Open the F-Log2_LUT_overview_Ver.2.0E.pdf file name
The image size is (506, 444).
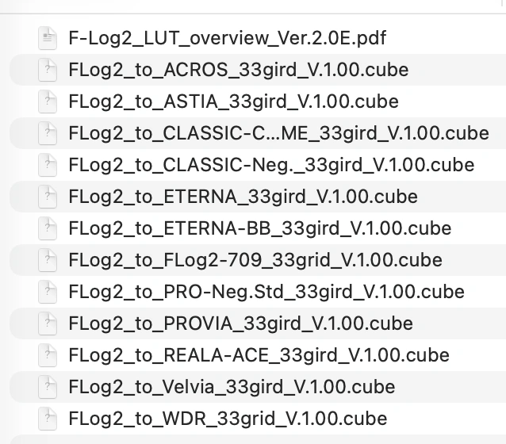pos(228,37)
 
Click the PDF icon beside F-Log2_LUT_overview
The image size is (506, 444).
pos(48,37)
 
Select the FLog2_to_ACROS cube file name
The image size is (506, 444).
pos(239,70)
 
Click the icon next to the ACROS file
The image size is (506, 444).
pos(48,70)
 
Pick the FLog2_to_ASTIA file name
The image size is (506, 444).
pos(233,101)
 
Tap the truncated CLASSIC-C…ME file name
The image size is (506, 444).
pos(278,133)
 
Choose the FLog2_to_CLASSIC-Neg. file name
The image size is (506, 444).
pos(271,165)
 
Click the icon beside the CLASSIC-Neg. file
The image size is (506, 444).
pos(48,165)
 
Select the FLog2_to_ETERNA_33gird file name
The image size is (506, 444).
pos(243,197)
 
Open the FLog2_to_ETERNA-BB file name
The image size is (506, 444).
pos(260,228)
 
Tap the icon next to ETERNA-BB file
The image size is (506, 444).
pos(48,228)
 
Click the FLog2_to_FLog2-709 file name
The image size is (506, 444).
pos(255,260)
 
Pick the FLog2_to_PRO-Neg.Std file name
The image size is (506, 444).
pos(266,292)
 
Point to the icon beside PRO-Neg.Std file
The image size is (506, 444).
pos(48,292)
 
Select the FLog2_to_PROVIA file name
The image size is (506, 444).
pos(240,323)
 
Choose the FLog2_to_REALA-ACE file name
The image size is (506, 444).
pos(259,355)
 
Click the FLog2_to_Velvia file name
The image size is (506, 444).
pos(232,387)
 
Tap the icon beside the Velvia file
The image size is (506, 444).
pos(48,387)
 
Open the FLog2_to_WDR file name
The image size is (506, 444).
pos(228,419)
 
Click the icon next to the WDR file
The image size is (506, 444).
pos(48,419)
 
